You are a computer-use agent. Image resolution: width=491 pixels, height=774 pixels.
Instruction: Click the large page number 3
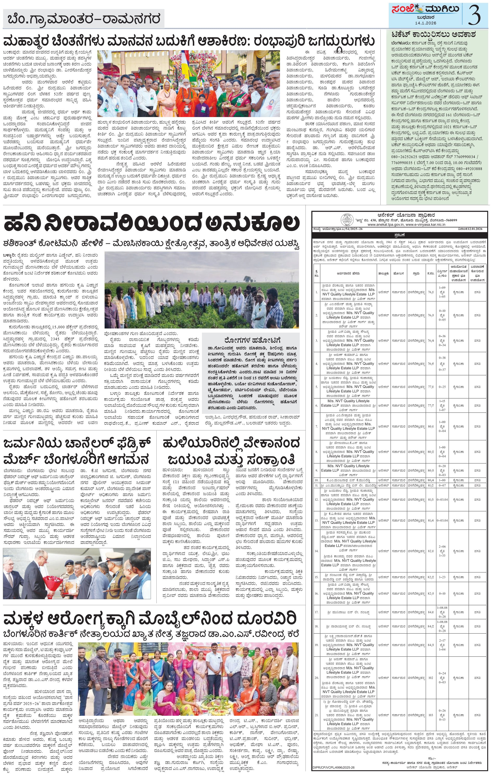[475, 15]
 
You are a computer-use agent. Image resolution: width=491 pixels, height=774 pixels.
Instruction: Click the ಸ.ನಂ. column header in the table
[431, 273]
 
